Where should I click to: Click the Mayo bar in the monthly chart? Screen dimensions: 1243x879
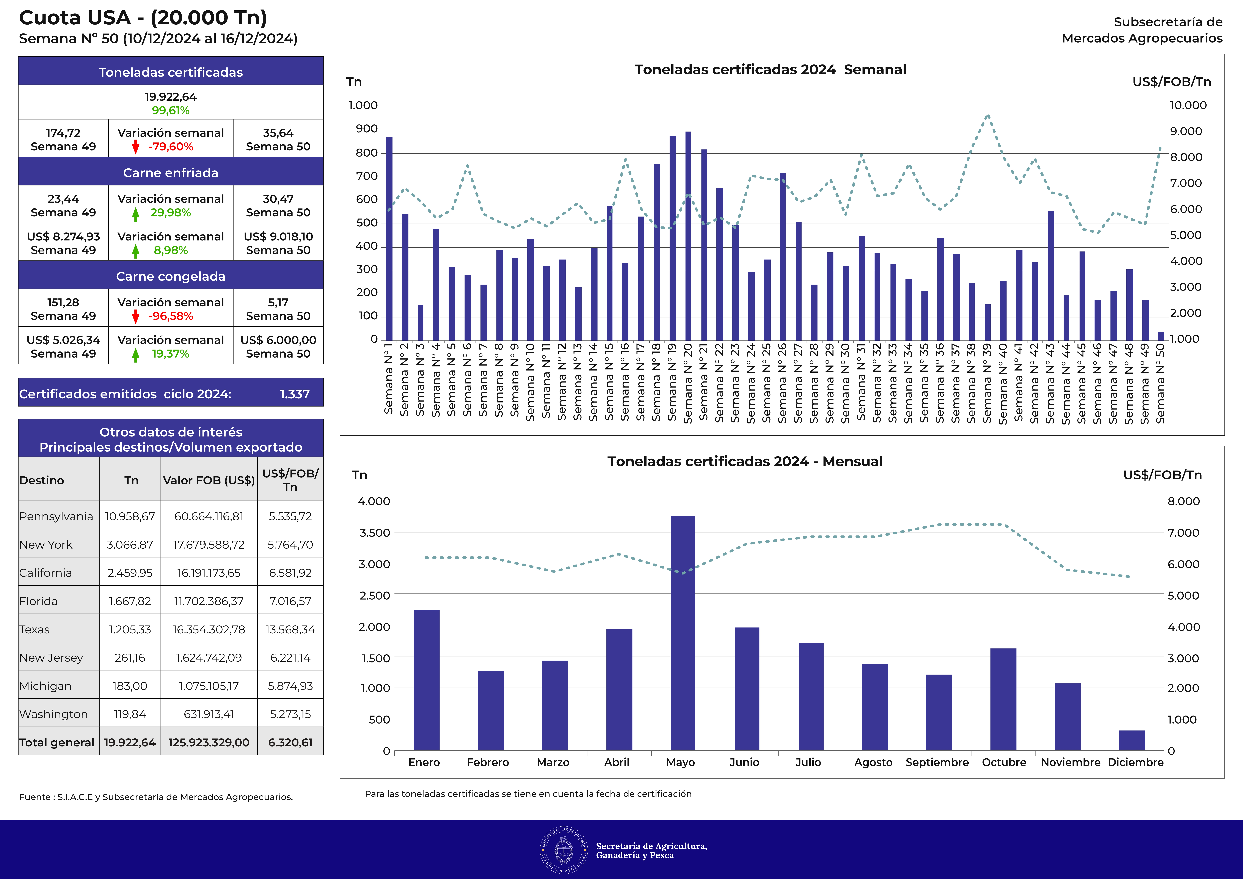tap(683, 633)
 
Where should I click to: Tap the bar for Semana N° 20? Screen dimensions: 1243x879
tap(688, 236)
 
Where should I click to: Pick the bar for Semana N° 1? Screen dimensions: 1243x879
tap(389, 239)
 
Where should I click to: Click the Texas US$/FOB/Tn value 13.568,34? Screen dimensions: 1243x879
tap(290, 629)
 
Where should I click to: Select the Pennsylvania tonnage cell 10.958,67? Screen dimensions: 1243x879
tap(130, 516)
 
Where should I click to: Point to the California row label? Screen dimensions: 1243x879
tap(46, 573)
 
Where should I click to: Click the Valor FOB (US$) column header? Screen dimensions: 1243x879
tap(209, 480)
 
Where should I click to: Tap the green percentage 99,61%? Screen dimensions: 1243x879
tap(171, 110)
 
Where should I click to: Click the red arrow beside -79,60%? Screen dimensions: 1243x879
tap(136, 147)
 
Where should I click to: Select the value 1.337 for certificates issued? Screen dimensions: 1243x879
tap(295, 394)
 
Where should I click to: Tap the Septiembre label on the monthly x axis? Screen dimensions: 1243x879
tap(937, 762)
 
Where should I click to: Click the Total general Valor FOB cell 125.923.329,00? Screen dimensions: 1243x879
tap(209, 743)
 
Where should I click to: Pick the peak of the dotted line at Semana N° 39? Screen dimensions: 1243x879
tap(988, 115)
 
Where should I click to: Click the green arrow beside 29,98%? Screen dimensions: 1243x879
tap(136, 214)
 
